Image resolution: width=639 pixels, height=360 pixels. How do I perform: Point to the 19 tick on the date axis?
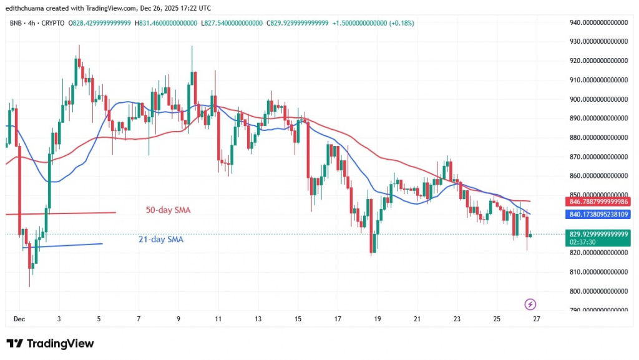click(x=377, y=318)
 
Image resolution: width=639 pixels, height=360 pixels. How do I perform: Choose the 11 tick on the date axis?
click(x=218, y=318)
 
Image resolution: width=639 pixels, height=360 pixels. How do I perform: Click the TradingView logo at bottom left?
click(x=50, y=344)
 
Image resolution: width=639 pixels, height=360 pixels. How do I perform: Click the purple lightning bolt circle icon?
click(x=530, y=304)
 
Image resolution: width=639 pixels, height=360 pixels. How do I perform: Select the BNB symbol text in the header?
click(x=14, y=23)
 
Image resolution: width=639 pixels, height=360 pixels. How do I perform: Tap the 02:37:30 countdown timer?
click(x=581, y=243)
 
